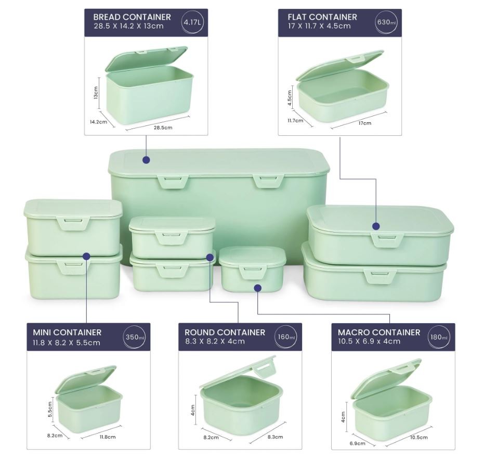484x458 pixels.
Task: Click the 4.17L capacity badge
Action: point(192,22)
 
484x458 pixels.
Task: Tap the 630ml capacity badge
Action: point(386,22)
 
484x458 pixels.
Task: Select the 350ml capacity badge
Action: point(135,337)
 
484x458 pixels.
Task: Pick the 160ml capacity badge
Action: point(286,337)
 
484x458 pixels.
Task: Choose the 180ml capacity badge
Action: point(439,337)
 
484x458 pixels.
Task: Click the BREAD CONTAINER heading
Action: point(132,17)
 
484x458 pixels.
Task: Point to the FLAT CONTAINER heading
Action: point(322,17)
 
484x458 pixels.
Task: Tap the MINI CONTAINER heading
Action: point(67,332)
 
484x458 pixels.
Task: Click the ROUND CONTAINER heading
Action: point(225,332)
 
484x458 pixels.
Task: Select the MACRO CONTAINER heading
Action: point(379,332)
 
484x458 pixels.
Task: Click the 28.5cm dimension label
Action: point(163,128)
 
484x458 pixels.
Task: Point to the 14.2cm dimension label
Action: point(98,122)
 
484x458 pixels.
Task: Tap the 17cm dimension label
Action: point(364,123)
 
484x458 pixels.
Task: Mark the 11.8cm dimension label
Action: point(108,437)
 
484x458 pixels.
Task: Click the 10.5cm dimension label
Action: point(419,437)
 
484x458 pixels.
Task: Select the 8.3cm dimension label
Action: point(275,437)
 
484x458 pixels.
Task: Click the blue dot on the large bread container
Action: point(146,160)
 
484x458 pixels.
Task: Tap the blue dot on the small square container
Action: point(258,288)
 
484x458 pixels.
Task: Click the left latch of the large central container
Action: point(173,181)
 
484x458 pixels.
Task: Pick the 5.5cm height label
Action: point(50,409)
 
